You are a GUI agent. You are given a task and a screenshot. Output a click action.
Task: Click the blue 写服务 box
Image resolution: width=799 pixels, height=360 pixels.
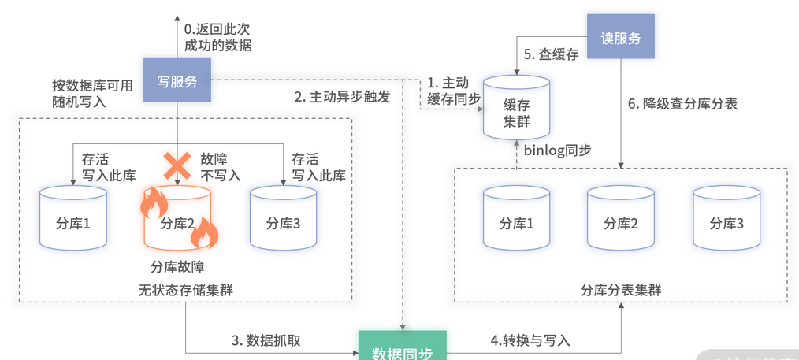[177, 80]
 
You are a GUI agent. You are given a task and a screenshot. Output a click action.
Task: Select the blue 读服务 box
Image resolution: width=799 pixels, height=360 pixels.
[622, 36]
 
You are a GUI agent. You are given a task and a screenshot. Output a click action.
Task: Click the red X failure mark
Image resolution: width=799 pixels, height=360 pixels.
[177, 165]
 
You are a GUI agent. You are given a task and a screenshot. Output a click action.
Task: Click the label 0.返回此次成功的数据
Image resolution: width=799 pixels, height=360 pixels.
[217, 37]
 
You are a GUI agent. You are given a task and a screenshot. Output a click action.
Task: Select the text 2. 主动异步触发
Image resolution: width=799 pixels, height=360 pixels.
[342, 98]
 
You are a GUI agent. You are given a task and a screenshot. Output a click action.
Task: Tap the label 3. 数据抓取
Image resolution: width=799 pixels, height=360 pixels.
[266, 340]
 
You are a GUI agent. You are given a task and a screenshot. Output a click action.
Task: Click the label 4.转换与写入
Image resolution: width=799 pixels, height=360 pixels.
[530, 340]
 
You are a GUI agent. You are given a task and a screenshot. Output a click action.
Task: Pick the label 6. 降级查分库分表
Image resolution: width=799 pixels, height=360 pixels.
[682, 104]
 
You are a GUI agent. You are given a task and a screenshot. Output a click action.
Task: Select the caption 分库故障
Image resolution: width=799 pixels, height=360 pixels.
[177, 265]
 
